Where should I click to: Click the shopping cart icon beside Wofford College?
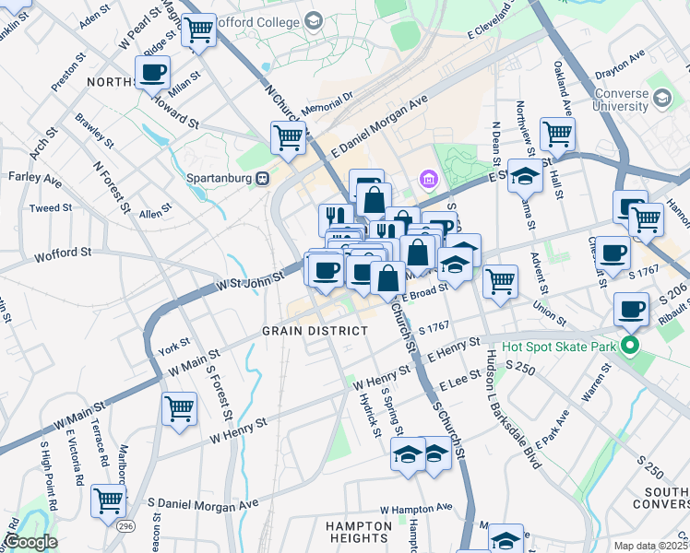[x=199, y=29]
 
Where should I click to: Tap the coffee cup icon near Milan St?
[x=152, y=71]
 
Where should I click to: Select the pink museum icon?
[x=428, y=178]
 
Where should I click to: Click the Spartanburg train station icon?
[x=263, y=178]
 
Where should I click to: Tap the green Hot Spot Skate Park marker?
[x=631, y=348]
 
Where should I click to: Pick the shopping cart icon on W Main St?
[x=179, y=406]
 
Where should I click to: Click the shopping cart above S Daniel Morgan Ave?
[x=109, y=500]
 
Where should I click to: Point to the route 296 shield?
[x=123, y=525]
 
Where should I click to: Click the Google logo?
[x=30, y=542]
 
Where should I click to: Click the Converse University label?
[x=635, y=100]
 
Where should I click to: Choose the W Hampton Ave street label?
[x=418, y=508]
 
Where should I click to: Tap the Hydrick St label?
[x=371, y=412]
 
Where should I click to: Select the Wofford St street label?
[x=64, y=253]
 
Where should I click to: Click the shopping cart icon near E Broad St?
[x=500, y=281]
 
